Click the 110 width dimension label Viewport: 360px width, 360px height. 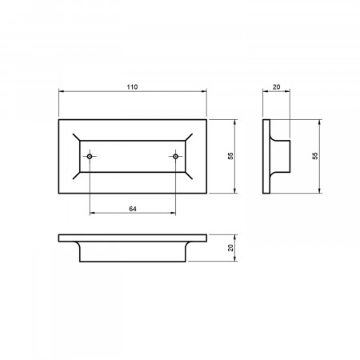pyautogui.click(x=132, y=87)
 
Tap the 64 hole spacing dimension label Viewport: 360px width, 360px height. pyautogui.click(x=133, y=209)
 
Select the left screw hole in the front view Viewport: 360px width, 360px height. pyautogui.click(x=90, y=156)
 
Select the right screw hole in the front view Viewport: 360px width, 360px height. pyautogui.click(x=175, y=156)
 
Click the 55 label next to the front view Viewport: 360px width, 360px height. pyautogui.click(x=230, y=156)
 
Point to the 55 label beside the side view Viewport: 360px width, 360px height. pyautogui.click(x=315, y=156)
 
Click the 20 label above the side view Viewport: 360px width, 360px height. pyautogui.click(x=276, y=87)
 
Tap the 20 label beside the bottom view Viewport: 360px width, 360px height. pyautogui.click(x=230, y=248)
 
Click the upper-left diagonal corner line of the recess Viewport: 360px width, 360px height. pyautogui.click(x=76, y=137)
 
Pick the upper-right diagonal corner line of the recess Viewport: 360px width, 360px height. pyautogui.click(x=189, y=137)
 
